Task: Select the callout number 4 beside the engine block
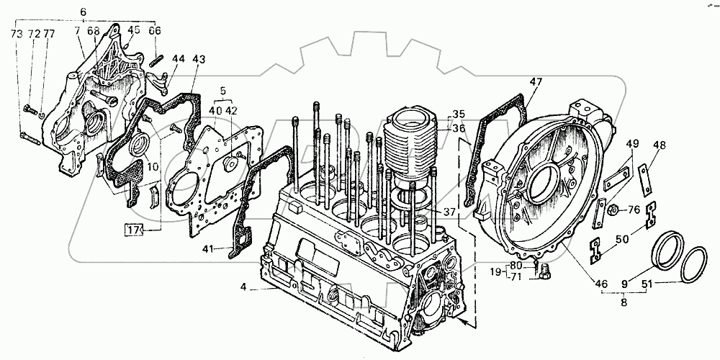coord(244,288)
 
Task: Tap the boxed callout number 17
coord(133,230)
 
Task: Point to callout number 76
coord(634,210)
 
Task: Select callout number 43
coord(199,58)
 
